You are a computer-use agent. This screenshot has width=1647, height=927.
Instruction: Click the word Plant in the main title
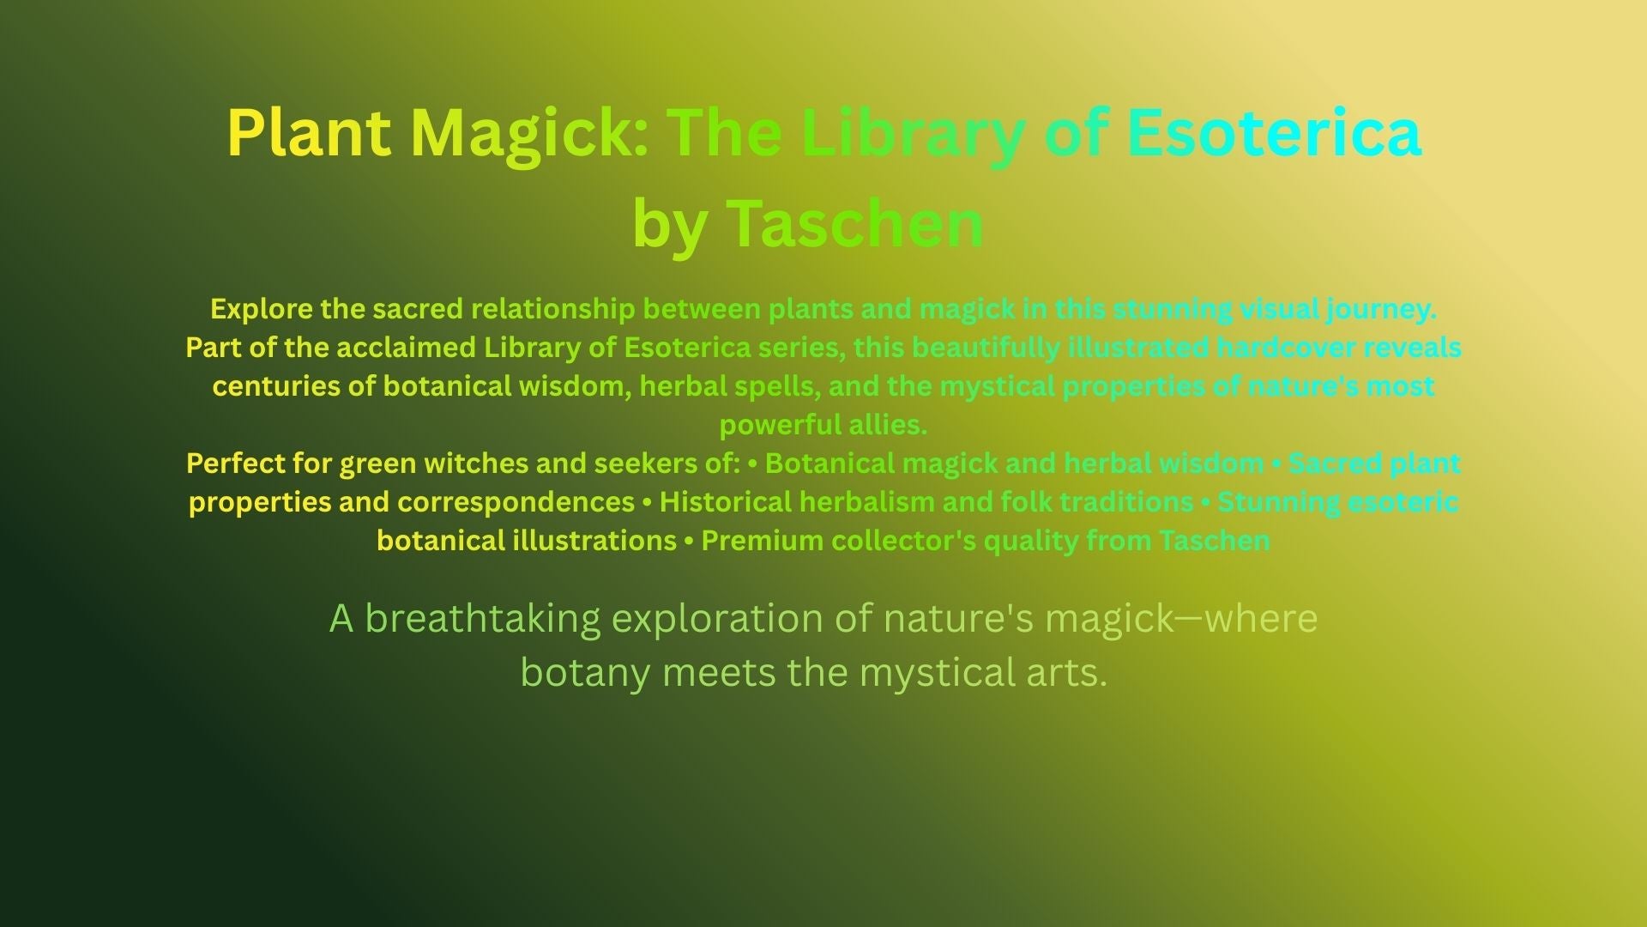(x=309, y=133)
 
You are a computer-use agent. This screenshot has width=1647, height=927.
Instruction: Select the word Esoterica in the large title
(x=1274, y=133)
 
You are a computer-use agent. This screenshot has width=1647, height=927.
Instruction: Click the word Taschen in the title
(x=854, y=222)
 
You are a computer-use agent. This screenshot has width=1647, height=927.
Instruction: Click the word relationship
(x=553, y=310)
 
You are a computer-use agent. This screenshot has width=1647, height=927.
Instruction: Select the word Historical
(x=726, y=502)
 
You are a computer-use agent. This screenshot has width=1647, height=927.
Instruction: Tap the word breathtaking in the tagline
(x=483, y=619)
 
